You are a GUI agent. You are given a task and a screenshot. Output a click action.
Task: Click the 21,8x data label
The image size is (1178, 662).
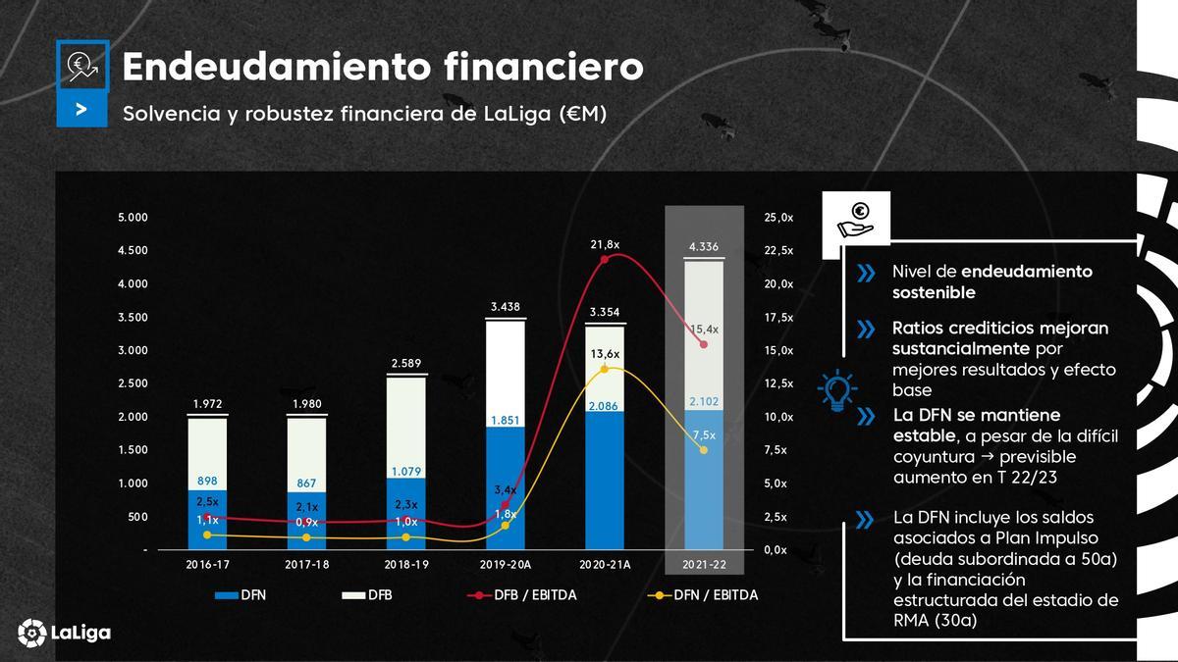[x=605, y=243]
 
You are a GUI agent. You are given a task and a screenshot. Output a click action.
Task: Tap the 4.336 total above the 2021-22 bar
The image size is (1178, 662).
[x=704, y=246]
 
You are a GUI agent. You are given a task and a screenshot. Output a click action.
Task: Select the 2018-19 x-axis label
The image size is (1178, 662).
[x=406, y=564]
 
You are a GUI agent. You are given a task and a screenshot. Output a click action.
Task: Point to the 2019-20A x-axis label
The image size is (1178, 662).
[x=505, y=564]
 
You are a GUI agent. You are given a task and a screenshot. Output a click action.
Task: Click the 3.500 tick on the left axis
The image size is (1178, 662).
[x=133, y=317]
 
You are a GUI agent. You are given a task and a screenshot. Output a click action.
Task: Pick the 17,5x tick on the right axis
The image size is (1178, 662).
[x=778, y=317]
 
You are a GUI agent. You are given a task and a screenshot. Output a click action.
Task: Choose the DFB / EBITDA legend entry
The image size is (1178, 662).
[x=521, y=595]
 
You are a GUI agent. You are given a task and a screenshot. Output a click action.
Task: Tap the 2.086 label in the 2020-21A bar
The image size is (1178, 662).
[x=605, y=405]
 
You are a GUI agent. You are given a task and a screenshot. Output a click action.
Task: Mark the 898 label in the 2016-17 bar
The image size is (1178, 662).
[x=207, y=481]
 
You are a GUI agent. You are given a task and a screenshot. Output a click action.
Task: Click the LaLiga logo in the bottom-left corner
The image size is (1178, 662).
[x=64, y=633]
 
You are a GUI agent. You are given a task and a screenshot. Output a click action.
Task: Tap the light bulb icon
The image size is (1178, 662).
[x=836, y=389]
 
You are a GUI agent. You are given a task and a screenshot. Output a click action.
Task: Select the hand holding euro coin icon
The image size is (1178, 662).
[x=855, y=219]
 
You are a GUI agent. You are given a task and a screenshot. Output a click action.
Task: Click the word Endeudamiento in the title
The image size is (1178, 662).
[x=275, y=67]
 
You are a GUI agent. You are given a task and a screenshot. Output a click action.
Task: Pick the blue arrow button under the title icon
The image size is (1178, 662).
[x=81, y=111]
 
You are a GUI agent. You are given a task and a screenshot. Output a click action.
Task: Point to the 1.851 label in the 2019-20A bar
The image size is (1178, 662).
[x=506, y=420]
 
